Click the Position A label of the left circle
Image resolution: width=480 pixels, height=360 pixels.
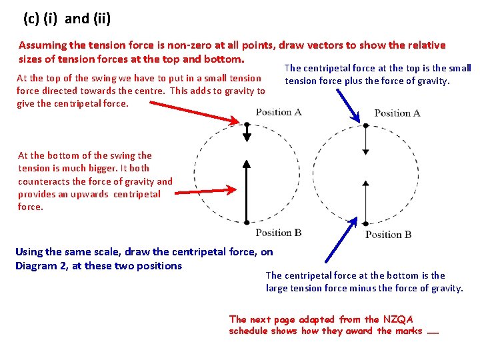pyautogui.click(x=279, y=112)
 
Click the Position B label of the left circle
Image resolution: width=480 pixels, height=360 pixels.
pyautogui.click(x=279, y=233)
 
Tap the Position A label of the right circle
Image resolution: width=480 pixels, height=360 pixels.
pyautogui.click(x=397, y=113)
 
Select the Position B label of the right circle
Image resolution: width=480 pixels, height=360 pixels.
pyautogui.click(x=389, y=234)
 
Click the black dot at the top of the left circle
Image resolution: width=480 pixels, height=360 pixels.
pyautogui.click(x=247, y=124)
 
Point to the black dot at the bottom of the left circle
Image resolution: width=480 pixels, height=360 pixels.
pyautogui.click(x=247, y=222)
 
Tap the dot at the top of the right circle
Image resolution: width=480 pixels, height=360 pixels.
pyautogui.click(x=365, y=125)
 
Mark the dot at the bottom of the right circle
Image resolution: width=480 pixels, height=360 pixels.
pyautogui.click(x=365, y=222)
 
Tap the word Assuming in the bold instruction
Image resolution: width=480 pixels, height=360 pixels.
pyautogui.click(x=42, y=45)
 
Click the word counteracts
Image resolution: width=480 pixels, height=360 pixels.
pyautogui.click(x=43, y=181)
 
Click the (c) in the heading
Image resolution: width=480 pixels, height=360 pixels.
pyautogui.click(x=31, y=19)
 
